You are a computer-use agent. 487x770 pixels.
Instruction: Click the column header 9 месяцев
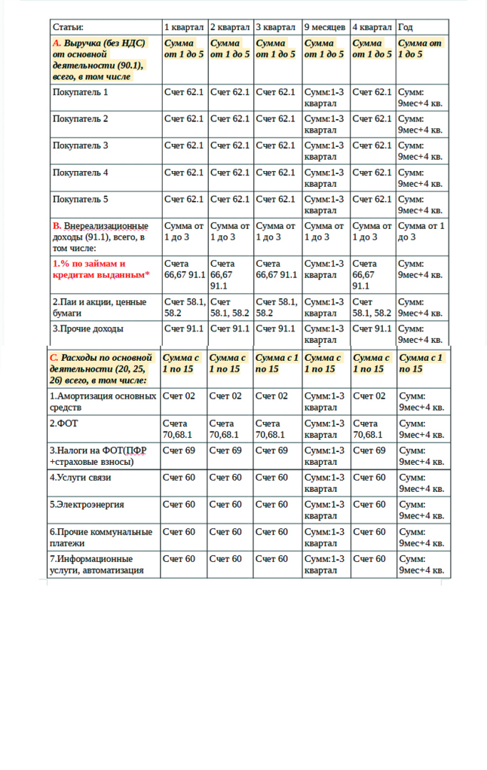[325, 27]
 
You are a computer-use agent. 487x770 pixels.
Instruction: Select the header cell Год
[405, 27]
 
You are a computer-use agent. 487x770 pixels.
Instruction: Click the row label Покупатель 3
[81, 146]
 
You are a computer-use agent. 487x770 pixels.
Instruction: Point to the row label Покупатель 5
[81, 200]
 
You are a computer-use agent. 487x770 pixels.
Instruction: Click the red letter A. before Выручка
[57, 43]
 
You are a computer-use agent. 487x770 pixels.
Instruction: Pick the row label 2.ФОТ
[63, 423]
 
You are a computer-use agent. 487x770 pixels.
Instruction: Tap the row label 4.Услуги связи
[81, 478]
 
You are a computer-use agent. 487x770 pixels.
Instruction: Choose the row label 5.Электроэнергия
[87, 505]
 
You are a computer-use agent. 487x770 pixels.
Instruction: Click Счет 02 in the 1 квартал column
[178, 396]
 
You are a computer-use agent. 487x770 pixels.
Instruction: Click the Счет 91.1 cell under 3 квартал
[275, 329]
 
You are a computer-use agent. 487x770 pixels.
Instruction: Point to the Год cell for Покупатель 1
[420, 98]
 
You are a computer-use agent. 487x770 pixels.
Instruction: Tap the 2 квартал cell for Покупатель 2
[230, 119]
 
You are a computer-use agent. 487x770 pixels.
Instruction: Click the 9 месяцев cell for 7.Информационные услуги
[324, 565]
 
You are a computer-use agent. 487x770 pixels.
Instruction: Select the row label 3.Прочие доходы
[88, 329]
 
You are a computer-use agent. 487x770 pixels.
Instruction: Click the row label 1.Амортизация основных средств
[103, 402]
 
